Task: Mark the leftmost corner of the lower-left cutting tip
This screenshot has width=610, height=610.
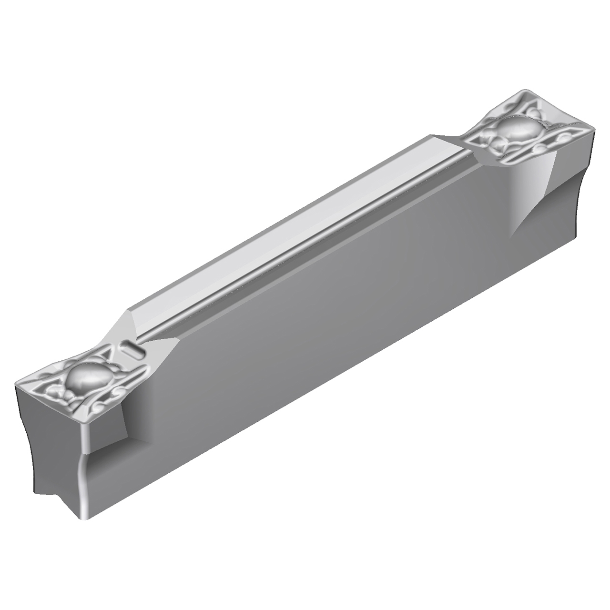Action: (x=17, y=384)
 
